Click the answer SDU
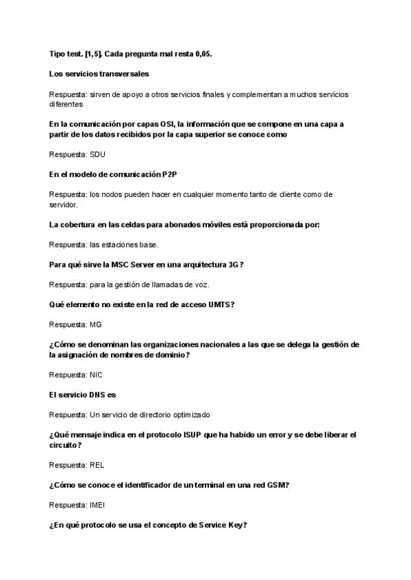tap(98, 154)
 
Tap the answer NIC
tap(97, 375)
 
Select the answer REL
tap(97, 465)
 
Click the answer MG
tap(96, 324)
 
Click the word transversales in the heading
tap(124, 72)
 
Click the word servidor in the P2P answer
tap(64, 204)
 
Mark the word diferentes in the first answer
tap(66, 104)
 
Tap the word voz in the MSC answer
tap(202, 284)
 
